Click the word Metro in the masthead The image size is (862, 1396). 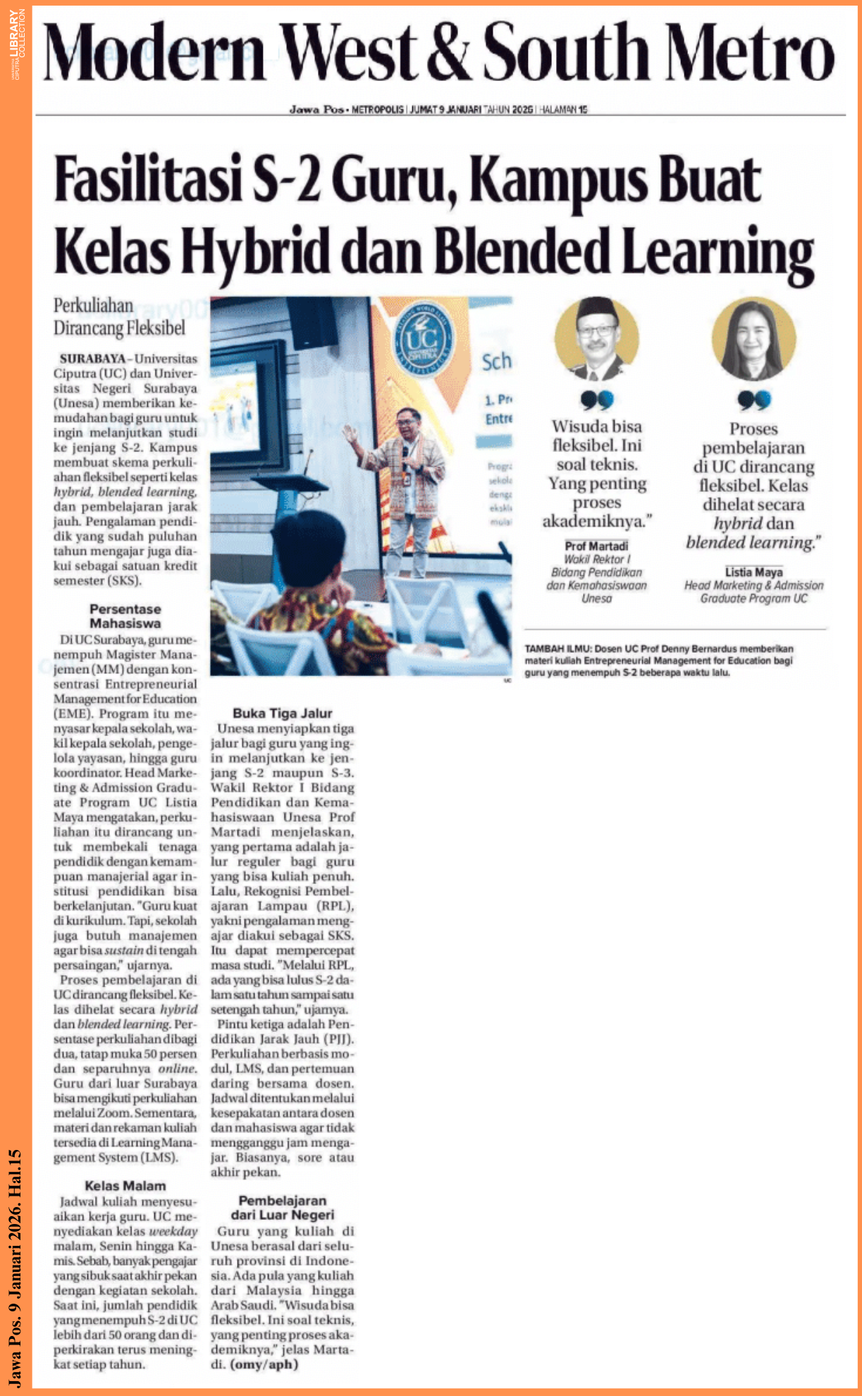tap(750, 51)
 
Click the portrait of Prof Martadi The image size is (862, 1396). tap(596, 339)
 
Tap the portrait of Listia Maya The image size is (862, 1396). tap(753, 339)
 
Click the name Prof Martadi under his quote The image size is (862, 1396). tap(596, 546)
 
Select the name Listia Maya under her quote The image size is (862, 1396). tap(753, 572)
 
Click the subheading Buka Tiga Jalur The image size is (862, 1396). tap(282, 713)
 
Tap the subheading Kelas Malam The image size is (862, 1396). tap(125, 1186)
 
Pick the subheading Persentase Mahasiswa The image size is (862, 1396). tap(125, 616)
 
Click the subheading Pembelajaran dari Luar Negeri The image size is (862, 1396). tap(282, 1207)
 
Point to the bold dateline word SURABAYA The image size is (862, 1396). tap(92, 358)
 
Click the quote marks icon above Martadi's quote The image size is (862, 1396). tap(596, 400)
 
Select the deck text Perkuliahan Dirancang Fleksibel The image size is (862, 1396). tap(119, 317)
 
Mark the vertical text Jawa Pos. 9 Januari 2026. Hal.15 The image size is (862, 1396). tap(16, 1269)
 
